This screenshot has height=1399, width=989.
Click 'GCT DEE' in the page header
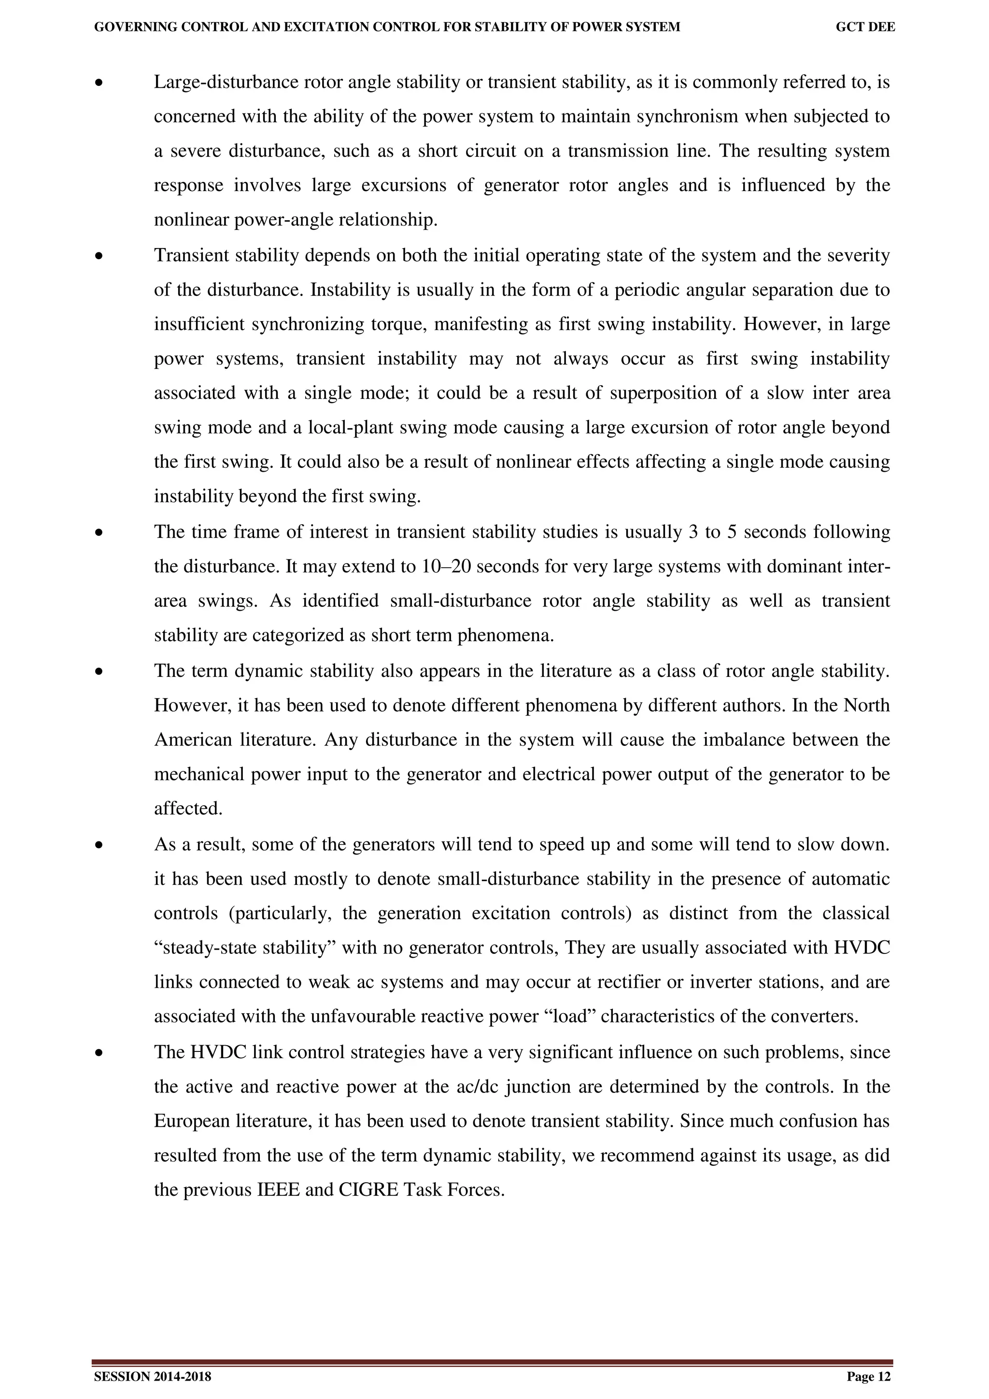pos(865,27)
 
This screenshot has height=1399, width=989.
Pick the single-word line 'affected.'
pos(188,809)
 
